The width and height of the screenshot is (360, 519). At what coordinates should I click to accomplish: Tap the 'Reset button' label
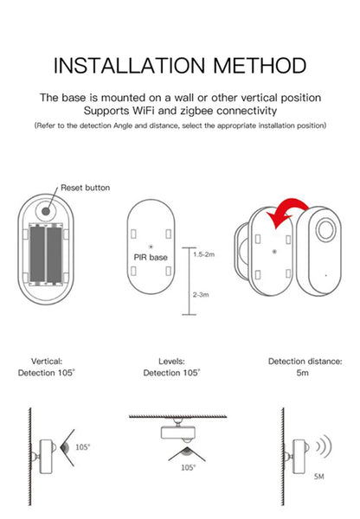[x=85, y=188]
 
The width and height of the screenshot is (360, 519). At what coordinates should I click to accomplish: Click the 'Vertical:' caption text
[x=47, y=361]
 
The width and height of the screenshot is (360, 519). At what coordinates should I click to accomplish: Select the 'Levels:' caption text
[x=171, y=361]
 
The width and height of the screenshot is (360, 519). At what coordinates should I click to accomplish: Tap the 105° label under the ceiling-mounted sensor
[x=188, y=467]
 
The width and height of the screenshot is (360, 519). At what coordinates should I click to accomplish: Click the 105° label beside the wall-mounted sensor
[x=82, y=448]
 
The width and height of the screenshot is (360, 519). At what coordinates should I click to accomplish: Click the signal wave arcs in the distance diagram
[x=323, y=448]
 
